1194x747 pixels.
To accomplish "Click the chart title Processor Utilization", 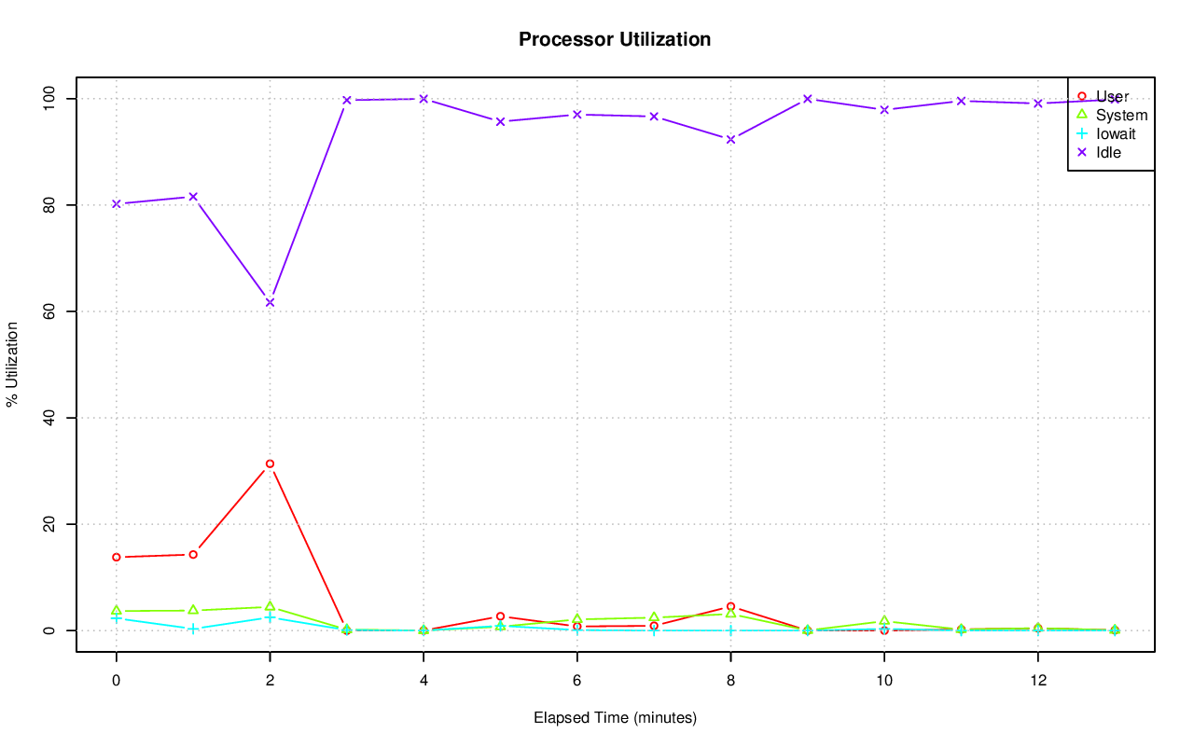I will (x=615, y=39).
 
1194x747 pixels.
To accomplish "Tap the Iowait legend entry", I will (x=1116, y=133).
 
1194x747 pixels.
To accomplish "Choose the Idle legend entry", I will (x=1108, y=152).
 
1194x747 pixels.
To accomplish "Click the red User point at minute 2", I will (x=270, y=463).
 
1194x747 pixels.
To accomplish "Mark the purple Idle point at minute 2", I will (x=270, y=302).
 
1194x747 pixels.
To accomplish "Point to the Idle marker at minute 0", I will (x=116, y=203).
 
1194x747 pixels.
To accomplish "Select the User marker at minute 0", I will (x=116, y=557).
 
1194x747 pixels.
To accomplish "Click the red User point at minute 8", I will (x=730, y=606).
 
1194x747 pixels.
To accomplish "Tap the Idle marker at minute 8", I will (x=730, y=139).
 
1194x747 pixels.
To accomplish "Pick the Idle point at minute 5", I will (x=500, y=121).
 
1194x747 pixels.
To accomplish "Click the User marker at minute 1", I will (x=193, y=554).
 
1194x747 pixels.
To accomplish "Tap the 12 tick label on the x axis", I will (x=1037, y=680).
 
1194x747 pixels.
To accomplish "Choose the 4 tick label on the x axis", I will (x=423, y=680).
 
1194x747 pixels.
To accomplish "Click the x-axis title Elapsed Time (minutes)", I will (x=615, y=718).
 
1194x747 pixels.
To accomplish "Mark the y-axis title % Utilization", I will (x=12, y=364).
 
